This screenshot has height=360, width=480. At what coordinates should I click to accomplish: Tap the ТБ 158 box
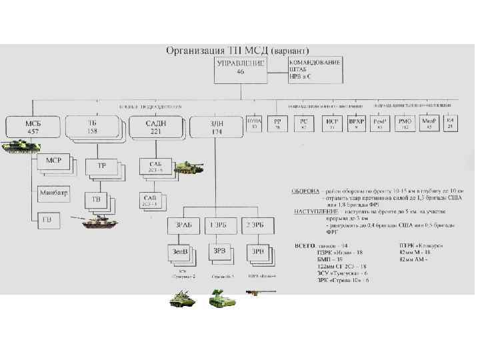(92, 127)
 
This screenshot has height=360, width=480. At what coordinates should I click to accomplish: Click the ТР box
(101, 165)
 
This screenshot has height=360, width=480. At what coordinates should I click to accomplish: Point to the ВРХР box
(357, 123)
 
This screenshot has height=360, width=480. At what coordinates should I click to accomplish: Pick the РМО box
(404, 123)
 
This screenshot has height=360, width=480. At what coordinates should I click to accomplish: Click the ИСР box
(331, 123)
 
